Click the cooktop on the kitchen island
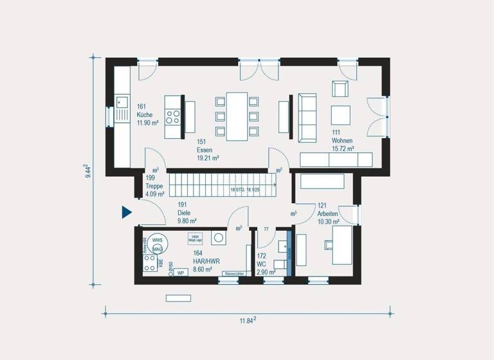pyautogui.click(x=173, y=116)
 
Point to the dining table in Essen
pyautogui.click(x=237, y=116)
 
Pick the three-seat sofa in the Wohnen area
pyautogui.click(x=307, y=118)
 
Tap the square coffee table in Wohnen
pyautogui.click(x=340, y=116)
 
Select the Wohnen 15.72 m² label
pyautogui.click(x=343, y=144)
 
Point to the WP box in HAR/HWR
pyautogui.click(x=181, y=273)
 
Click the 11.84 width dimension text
pyautogui.click(x=247, y=321)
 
